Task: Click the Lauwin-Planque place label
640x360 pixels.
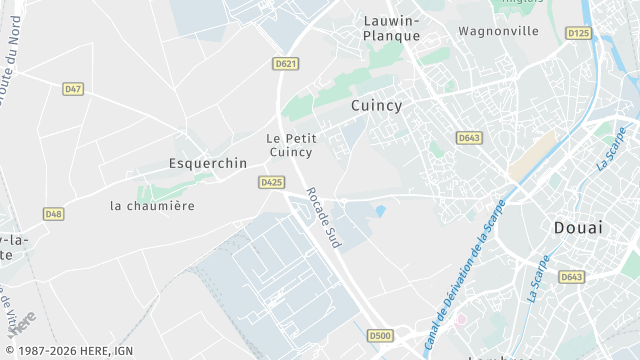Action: pos(391,27)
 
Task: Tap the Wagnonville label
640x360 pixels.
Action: pos(498,31)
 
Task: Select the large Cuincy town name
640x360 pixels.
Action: pos(376,104)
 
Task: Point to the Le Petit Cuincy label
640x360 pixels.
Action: pos(291,145)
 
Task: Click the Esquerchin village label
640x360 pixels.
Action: pos(207,163)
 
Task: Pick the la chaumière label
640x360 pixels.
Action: pos(152,205)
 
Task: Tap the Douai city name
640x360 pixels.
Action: pos(578,228)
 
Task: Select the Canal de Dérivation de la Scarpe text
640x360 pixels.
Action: pos(465,270)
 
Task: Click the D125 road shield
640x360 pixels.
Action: pos(578,33)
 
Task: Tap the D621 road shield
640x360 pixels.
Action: pos(285,63)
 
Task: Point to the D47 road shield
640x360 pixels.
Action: pos(73,89)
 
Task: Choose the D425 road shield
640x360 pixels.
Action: pos(271,182)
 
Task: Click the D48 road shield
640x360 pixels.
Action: pos(53,214)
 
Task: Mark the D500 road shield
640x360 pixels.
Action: pos(379,336)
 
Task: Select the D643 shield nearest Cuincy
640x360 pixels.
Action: pos(469,137)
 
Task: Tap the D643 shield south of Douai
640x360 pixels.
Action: pos(572,277)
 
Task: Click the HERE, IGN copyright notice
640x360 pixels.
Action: pos(67,351)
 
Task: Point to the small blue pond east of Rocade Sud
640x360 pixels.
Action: pos(380,210)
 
